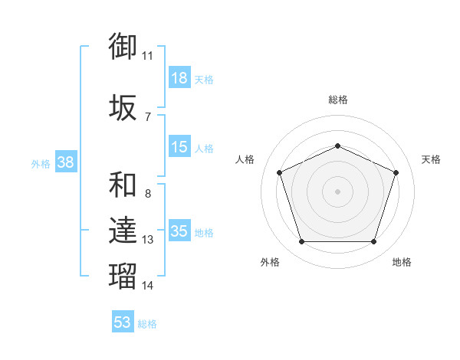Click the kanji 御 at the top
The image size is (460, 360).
click(x=123, y=46)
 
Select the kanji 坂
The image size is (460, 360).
click(x=123, y=107)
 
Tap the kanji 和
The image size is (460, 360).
click(x=123, y=185)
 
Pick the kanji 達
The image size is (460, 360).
click(x=123, y=230)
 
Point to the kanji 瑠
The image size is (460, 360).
click(x=123, y=276)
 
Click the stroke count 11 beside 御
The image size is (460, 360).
click(x=147, y=56)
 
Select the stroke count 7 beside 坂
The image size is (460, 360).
click(x=148, y=117)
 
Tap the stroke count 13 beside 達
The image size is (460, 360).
click(x=147, y=240)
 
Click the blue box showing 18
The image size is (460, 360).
click(x=179, y=77)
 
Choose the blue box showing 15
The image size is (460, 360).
click(x=179, y=146)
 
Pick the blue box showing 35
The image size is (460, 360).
click(x=179, y=230)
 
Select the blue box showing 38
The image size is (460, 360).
click(x=66, y=162)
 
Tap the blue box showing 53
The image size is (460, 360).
click(x=123, y=321)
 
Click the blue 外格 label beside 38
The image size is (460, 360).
click(x=41, y=164)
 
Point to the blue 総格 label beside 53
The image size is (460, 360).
click(x=147, y=324)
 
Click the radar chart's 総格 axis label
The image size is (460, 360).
click(x=338, y=100)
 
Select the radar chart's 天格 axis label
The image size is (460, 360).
click(x=431, y=159)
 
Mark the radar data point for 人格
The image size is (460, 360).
click(x=280, y=172)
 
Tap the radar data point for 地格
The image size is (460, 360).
click(x=374, y=242)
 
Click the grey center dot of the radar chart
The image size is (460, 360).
click(x=337, y=191)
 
